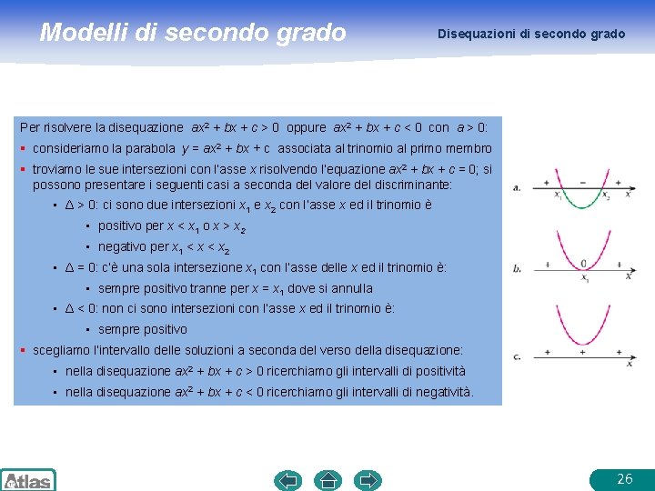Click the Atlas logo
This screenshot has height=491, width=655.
pyautogui.click(x=27, y=480)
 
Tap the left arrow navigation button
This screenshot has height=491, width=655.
pyautogui.click(x=288, y=479)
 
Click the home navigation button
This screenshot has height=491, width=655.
pyautogui.click(x=327, y=479)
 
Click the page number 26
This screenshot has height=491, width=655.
pyautogui.click(x=624, y=478)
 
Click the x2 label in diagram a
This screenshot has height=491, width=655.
pyautogui.click(x=607, y=195)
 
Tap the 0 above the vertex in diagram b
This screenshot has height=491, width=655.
pyautogui.click(x=582, y=264)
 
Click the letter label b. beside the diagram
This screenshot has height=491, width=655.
pyautogui.click(x=517, y=268)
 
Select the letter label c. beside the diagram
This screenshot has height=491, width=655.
pyautogui.click(x=517, y=356)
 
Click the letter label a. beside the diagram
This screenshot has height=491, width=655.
pyautogui.click(x=517, y=187)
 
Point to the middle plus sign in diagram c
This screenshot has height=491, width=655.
pyautogui.click(x=582, y=351)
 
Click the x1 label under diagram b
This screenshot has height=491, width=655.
pyautogui.click(x=585, y=279)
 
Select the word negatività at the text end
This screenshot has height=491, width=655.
pyautogui.click(x=444, y=392)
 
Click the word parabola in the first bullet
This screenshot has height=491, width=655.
pyautogui.click(x=150, y=148)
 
